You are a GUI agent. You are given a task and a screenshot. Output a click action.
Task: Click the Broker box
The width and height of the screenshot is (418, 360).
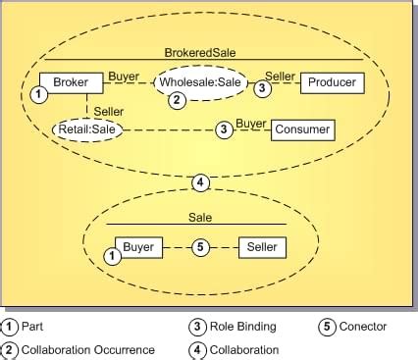click(70, 82)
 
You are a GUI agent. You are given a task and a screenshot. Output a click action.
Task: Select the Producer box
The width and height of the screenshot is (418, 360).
click(332, 82)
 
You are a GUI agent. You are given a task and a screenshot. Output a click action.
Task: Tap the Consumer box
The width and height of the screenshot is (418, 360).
click(302, 129)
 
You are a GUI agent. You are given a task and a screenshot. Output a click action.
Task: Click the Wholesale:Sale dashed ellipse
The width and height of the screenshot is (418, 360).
click(200, 82)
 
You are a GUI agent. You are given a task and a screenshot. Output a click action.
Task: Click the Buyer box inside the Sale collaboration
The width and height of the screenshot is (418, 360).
click(138, 247)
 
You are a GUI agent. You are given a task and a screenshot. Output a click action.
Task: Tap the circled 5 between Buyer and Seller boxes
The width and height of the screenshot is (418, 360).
click(201, 248)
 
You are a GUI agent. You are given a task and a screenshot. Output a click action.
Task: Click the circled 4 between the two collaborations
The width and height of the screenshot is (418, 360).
click(200, 181)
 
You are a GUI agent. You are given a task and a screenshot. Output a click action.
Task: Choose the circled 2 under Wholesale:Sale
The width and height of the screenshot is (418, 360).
click(177, 99)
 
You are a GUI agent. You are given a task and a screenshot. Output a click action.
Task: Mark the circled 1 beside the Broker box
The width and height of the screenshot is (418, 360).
click(37, 94)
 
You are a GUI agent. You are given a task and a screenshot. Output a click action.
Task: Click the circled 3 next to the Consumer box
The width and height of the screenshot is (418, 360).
click(224, 129)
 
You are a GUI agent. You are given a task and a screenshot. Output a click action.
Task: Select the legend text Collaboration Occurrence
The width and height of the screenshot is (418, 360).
click(88, 349)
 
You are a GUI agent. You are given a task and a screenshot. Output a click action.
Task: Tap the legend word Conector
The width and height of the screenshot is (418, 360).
click(363, 327)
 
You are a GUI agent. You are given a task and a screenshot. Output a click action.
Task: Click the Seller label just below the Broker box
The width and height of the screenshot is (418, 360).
click(107, 113)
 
